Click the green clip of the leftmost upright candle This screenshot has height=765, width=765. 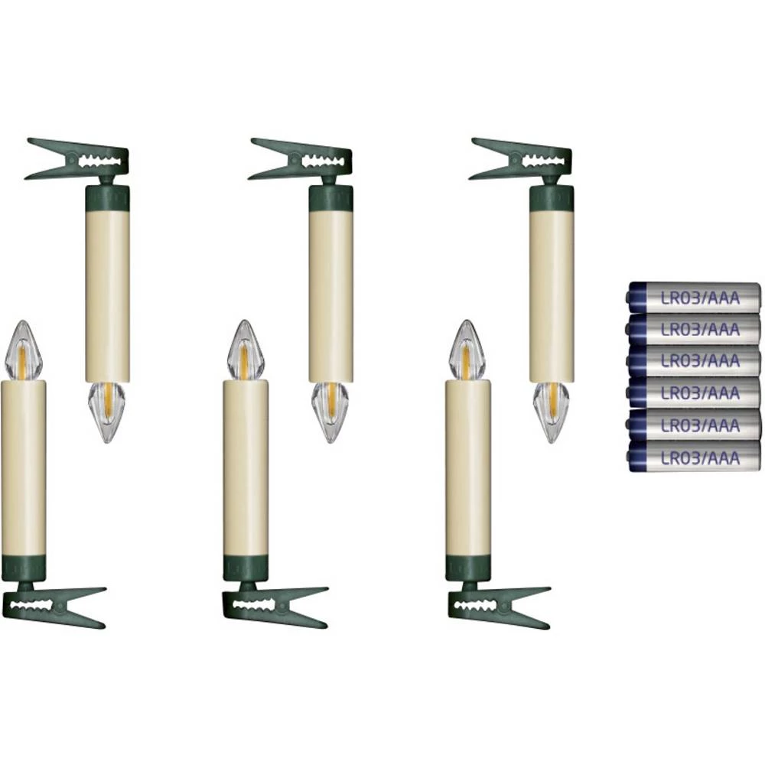coord(53,606)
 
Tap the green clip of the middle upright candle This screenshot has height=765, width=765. coord(275,606)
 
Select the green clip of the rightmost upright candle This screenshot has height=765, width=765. coord(499,606)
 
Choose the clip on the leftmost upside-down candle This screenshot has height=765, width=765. coord(78,160)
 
